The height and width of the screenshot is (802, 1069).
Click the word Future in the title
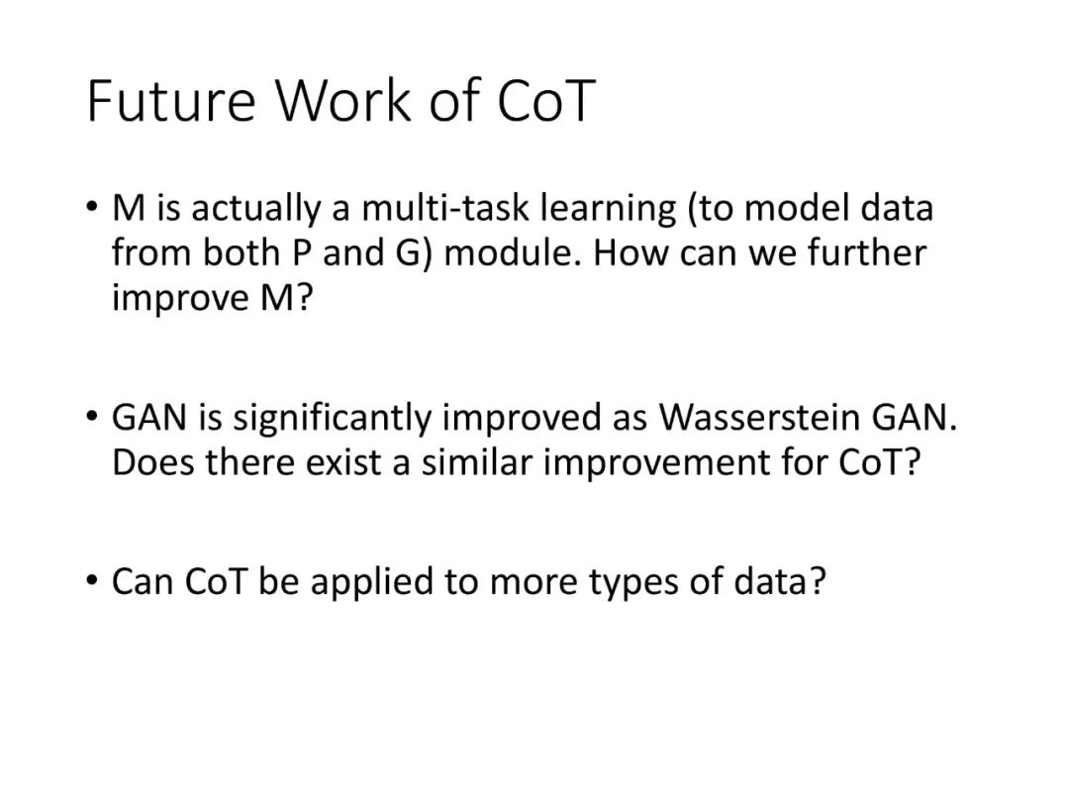click(x=171, y=101)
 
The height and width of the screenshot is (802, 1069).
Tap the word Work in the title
click(x=343, y=101)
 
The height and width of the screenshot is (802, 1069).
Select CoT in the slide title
click(x=546, y=101)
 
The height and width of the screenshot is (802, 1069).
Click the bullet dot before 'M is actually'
click(x=92, y=205)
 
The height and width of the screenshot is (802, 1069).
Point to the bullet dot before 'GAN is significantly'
click(x=92, y=415)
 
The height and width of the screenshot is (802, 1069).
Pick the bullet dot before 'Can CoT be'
click(x=92, y=579)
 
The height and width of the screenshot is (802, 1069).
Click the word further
click(x=867, y=253)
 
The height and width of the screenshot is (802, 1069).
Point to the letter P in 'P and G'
click(x=301, y=254)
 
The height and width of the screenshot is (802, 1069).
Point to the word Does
click(x=153, y=462)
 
